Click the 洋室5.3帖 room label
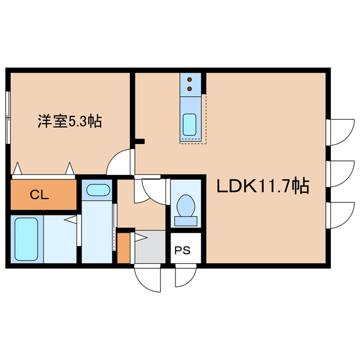pyautogui.click(x=69, y=120)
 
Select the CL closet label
pyautogui.click(x=39, y=195)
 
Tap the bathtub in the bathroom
pyautogui.click(x=25, y=238)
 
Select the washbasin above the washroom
pyautogui.click(x=98, y=190)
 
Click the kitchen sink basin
pyautogui.click(x=190, y=122)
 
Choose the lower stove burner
pyautogui.click(x=190, y=88)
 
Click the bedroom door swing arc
pyautogui.click(x=120, y=162)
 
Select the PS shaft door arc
pyautogui.click(x=184, y=276)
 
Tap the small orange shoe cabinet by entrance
pyautogui.click(x=124, y=247)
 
